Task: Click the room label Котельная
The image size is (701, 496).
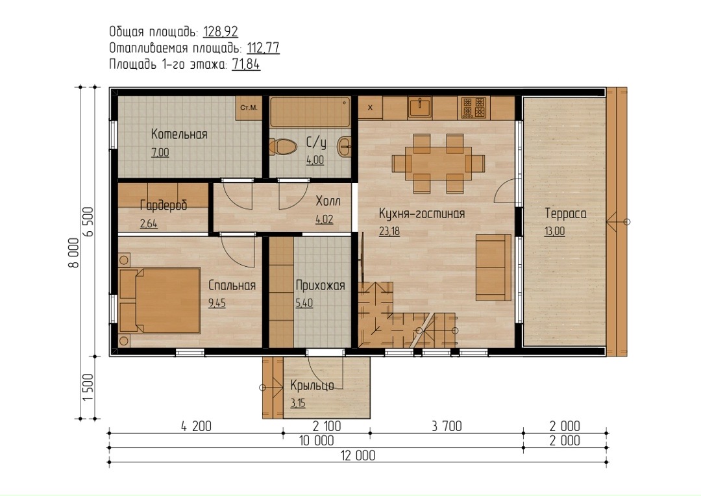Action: (179, 134)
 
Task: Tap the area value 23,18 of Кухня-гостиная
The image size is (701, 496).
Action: (389, 231)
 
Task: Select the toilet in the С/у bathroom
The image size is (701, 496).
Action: (283, 147)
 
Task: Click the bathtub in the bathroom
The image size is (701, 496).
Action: (310, 112)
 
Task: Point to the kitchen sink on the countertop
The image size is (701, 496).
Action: (419, 108)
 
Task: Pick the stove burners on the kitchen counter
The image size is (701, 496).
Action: (473, 108)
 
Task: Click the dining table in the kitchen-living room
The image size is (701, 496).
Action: (438, 163)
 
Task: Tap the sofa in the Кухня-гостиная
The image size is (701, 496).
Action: (493, 267)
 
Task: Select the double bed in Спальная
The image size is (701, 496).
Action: (159, 300)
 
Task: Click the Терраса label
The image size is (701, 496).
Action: (565, 214)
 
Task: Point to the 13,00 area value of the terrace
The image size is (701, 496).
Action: (554, 231)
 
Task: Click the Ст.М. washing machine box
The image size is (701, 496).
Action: (249, 108)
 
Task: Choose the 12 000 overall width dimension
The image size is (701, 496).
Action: (358, 456)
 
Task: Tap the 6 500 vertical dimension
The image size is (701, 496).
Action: (88, 221)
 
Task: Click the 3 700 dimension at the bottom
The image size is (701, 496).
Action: (447, 427)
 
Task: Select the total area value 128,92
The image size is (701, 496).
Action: (221, 32)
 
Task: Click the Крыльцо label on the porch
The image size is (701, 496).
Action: (312, 385)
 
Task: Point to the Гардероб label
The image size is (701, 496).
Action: (164, 205)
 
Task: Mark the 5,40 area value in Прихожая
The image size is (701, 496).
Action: (304, 303)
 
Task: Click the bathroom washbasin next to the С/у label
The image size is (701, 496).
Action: (344, 146)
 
